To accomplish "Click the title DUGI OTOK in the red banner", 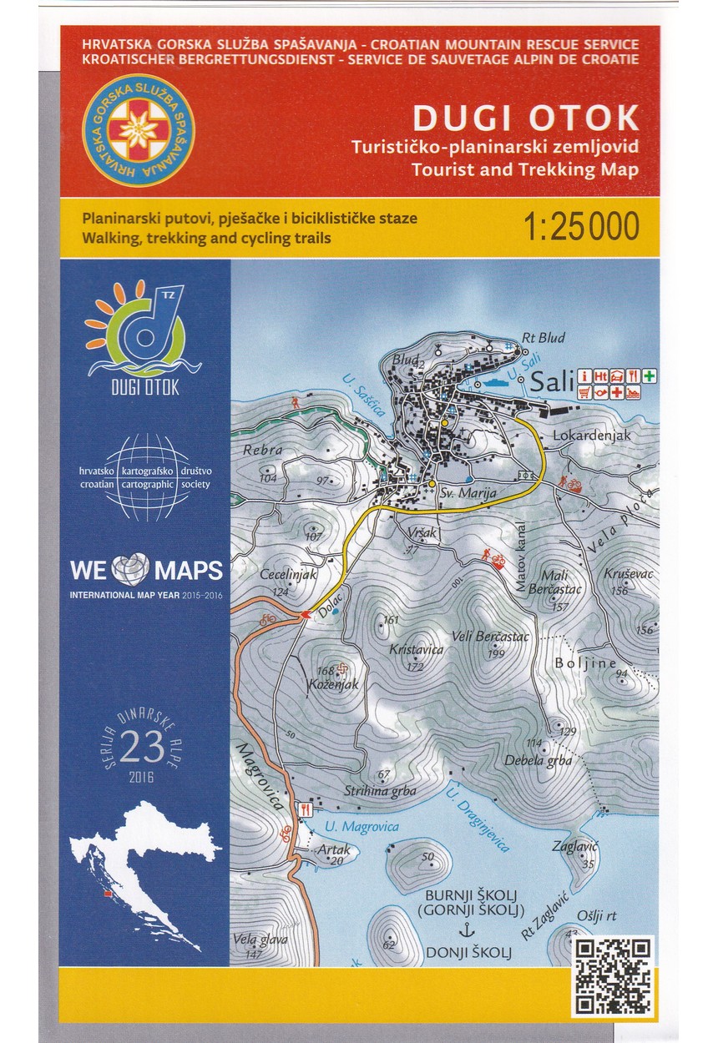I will pyautogui.click(x=525, y=118).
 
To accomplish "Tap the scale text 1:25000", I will pyautogui.click(x=581, y=226).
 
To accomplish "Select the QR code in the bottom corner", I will pyautogui.click(x=613, y=975).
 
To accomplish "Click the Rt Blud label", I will pyautogui.click(x=544, y=338).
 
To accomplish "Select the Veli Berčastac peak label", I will pyautogui.click(x=490, y=637).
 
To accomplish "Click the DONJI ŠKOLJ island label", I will pyautogui.click(x=468, y=950).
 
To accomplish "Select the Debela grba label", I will pyautogui.click(x=538, y=760).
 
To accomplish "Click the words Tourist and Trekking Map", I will pyautogui.click(x=524, y=169).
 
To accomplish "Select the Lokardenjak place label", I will pyautogui.click(x=589, y=436).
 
